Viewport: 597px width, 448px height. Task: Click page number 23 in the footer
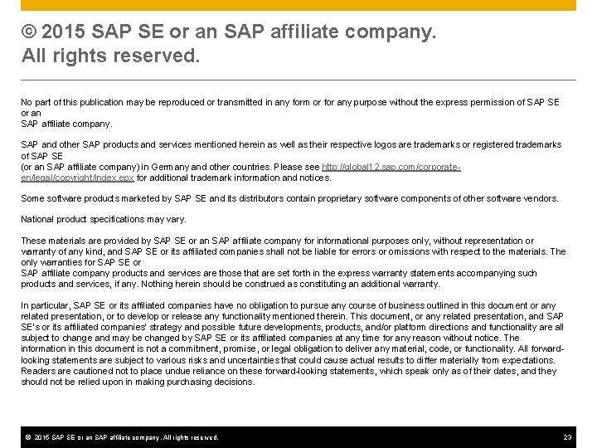tap(567, 437)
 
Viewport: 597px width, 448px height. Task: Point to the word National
tap(38, 219)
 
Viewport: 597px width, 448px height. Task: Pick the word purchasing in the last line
tap(172, 382)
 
